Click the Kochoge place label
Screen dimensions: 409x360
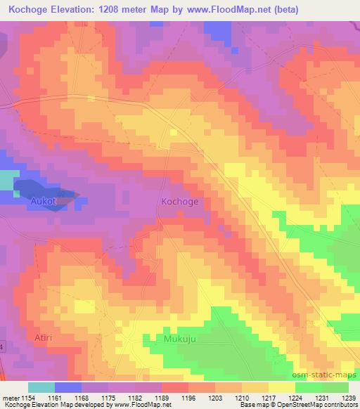tap(179, 202)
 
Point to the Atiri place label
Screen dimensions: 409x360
tap(44, 337)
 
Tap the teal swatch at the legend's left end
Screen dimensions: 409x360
tap(41, 387)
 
